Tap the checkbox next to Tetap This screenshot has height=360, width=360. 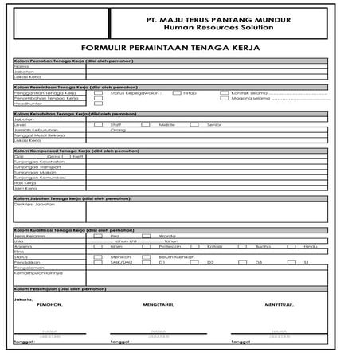176,92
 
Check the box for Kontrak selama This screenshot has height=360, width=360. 224,92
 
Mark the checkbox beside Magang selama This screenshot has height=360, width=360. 224,99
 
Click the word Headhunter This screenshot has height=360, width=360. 28,104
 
